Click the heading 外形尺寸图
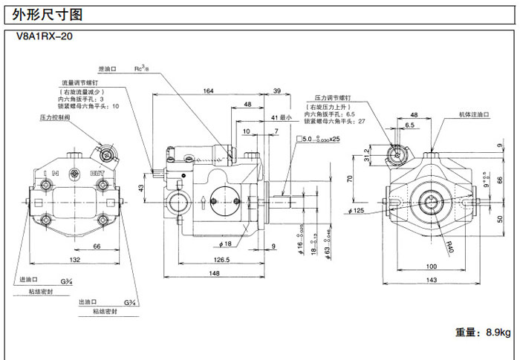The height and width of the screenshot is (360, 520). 44,14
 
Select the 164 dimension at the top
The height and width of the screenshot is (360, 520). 208,91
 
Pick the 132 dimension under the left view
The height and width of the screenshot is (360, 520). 75,260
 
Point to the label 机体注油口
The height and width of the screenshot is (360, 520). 473,116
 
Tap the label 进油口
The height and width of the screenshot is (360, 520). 27,281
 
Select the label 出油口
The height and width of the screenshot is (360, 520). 87,302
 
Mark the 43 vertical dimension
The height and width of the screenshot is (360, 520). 143,188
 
